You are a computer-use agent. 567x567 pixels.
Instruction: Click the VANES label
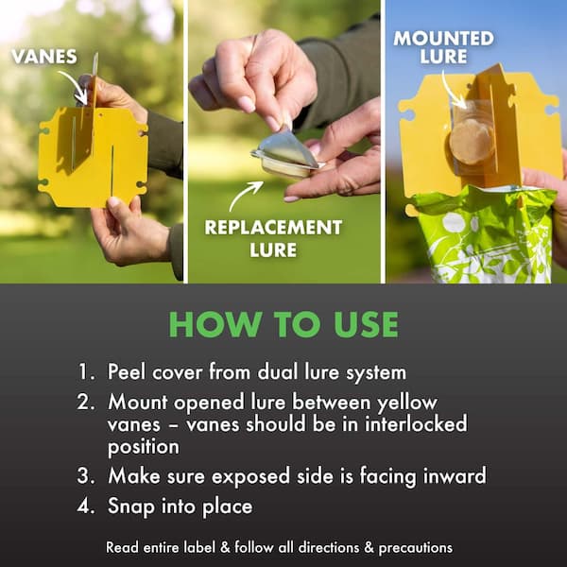pyautogui.click(x=44, y=57)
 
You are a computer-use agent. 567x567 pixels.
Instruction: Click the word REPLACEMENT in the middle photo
pyautogui.click(x=273, y=228)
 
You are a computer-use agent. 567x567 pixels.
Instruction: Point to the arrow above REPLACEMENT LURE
pyautogui.click(x=245, y=195)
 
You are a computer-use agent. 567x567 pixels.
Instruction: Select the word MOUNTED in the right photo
pyautogui.click(x=444, y=39)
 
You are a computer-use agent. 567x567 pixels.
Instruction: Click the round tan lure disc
pyautogui.click(x=470, y=142)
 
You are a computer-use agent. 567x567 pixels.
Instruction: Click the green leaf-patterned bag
pyautogui.click(x=485, y=235)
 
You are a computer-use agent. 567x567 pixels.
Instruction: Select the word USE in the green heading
pyautogui.click(x=366, y=324)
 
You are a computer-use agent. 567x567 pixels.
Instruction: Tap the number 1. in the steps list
pyautogui.click(x=86, y=371)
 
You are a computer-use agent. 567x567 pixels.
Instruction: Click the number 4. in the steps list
pyautogui.click(x=86, y=506)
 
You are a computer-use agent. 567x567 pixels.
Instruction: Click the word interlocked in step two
pyautogui.click(x=416, y=423)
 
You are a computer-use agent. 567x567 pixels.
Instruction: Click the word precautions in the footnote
pyautogui.click(x=416, y=548)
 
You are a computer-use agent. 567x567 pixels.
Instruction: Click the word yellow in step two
pyautogui.click(x=407, y=403)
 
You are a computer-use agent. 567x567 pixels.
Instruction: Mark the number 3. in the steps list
pyautogui.click(x=86, y=476)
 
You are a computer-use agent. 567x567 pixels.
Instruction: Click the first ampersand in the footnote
pyautogui.click(x=225, y=547)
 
